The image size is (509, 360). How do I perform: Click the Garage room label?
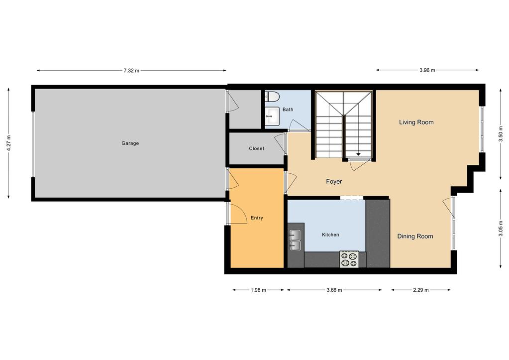point(130,143)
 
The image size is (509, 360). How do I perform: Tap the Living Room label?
point(416,122)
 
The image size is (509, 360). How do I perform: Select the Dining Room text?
point(415,237)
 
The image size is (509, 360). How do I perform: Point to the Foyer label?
point(334,182)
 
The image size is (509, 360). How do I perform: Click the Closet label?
point(256,148)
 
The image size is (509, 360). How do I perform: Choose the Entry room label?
point(257,218)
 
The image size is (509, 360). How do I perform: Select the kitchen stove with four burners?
point(349,259)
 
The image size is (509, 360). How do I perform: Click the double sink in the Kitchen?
point(295,240)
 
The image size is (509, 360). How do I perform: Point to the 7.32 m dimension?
point(131,71)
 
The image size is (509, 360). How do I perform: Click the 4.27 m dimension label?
point(9,143)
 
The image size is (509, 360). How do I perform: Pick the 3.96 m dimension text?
point(427,71)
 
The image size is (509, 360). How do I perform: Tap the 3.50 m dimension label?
point(501,133)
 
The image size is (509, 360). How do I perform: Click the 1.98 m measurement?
point(258,290)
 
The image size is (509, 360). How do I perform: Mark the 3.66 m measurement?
point(334,290)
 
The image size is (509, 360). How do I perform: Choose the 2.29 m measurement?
point(420,290)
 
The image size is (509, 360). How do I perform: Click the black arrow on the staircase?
point(358,154)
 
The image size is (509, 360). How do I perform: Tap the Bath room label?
point(288,110)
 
